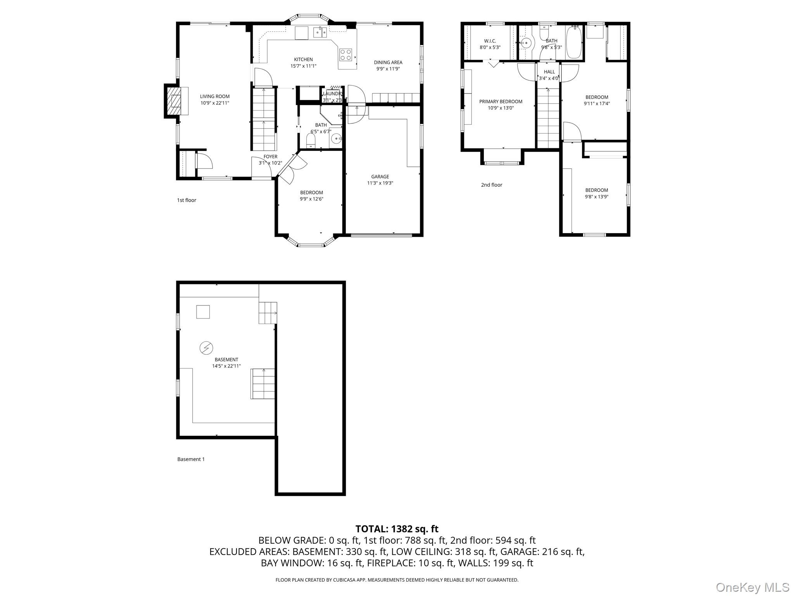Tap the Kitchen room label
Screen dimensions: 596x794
click(x=303, y=59)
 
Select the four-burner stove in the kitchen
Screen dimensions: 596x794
click(x=346, y=55)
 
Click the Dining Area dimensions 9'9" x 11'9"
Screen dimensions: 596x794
click(x=388, y=69)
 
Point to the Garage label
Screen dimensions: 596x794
click(x=380, y=177)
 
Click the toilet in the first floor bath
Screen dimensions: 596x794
click(x=311, y=140)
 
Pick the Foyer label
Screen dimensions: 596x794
click(x=270, y=157)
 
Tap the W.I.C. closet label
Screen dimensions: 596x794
click(x=490, y=41)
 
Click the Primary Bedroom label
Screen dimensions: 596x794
click(x=501, y=102)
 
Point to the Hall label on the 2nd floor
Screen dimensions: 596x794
click(x=549, y=72)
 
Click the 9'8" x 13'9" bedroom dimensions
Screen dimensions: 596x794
click(x=596, y=197)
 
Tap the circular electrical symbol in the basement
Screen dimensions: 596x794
click(x=206, y=348)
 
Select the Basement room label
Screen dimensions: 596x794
click(x=226, y=360)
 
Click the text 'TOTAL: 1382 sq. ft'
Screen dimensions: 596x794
click(x=397, y=528)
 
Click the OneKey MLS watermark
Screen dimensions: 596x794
click(x=752, y=587)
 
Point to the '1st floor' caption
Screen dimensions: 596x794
click(x=186, y=200)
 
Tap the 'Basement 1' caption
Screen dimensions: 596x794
click(x=191, y=459)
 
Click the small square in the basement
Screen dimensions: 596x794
click(x=203, y=312)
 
